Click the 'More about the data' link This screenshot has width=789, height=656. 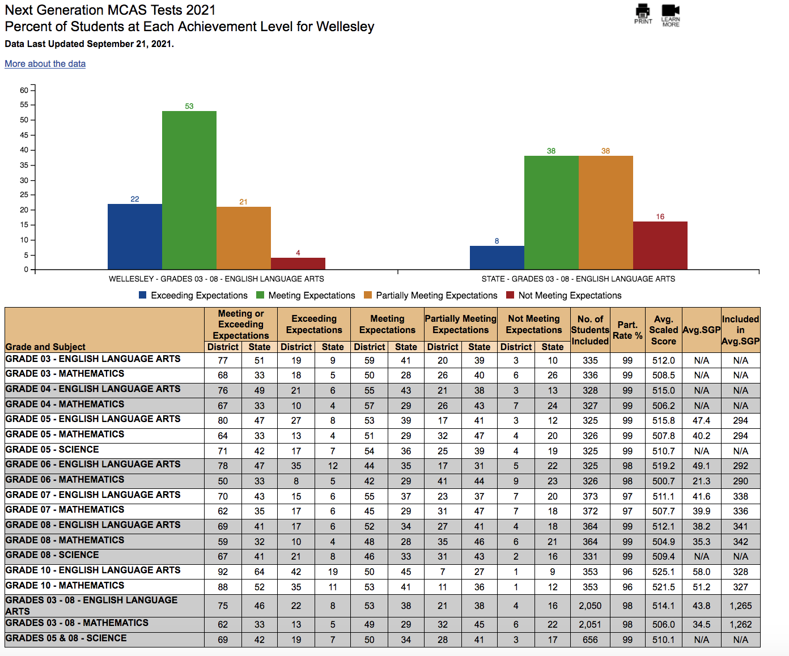[x=45, y=64]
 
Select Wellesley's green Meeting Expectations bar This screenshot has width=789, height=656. [x=189, y=190]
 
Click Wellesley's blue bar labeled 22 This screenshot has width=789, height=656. [x=135, y=236]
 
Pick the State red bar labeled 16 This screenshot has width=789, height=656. [x=660, y=245]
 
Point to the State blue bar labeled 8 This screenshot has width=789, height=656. [x=497, y=258]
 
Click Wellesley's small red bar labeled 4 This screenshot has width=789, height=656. [x=298, y=263]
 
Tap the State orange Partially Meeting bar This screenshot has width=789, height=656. [x=606, y=212]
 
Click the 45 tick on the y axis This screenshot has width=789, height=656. [x=24, y=135]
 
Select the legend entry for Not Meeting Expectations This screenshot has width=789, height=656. [x=564, y=295]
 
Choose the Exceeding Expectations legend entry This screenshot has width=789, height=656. [x=193, y=295]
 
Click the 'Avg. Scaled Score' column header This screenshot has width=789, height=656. [x=664, y=330]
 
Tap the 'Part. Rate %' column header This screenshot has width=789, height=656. [x=627, y=330]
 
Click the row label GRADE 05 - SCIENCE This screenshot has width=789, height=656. [x=52, y=449]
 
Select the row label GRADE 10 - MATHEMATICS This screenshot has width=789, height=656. [x=65, y=585]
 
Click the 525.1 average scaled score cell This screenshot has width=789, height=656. [x=664, y=572]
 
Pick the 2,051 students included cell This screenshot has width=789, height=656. [x=590, y=625]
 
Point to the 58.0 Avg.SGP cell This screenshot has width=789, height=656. [x=701, y=572]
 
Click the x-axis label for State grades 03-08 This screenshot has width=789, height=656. [x=578, y=279]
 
